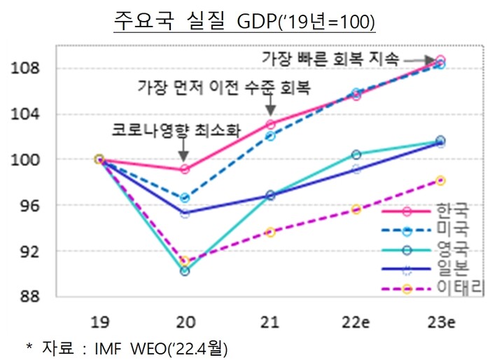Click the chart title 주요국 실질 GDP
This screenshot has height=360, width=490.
point(244,21)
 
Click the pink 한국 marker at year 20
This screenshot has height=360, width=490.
point(184,169)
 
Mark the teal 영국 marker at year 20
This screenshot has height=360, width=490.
point(184,271)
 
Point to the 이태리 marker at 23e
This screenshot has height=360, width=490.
point(440,180)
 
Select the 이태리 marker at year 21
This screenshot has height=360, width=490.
point(270,232)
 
